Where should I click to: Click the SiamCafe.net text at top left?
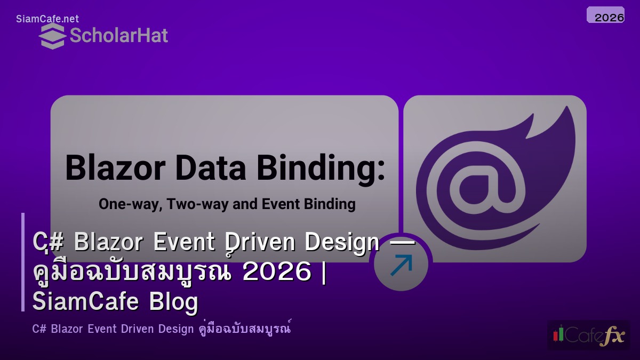pyautogui.click(x=47, y=19)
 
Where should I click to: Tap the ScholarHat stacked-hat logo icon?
pyautogui.click(x=52, y=36)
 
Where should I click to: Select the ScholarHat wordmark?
pyautogui.click(x=118, y=36)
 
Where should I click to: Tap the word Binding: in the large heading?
pyautogui.click(x=320, y=168)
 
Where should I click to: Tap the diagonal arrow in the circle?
pyautogui.click(x=401, y=266)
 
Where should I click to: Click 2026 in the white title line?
pyautogui.click(x=276, y=273)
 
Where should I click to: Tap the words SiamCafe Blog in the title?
pyautogui.click(x=115, y=302)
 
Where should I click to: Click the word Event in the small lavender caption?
pyautogui.click(x=101, y=329)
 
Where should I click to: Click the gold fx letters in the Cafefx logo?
pyautogui.click(x=612, y=335)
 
